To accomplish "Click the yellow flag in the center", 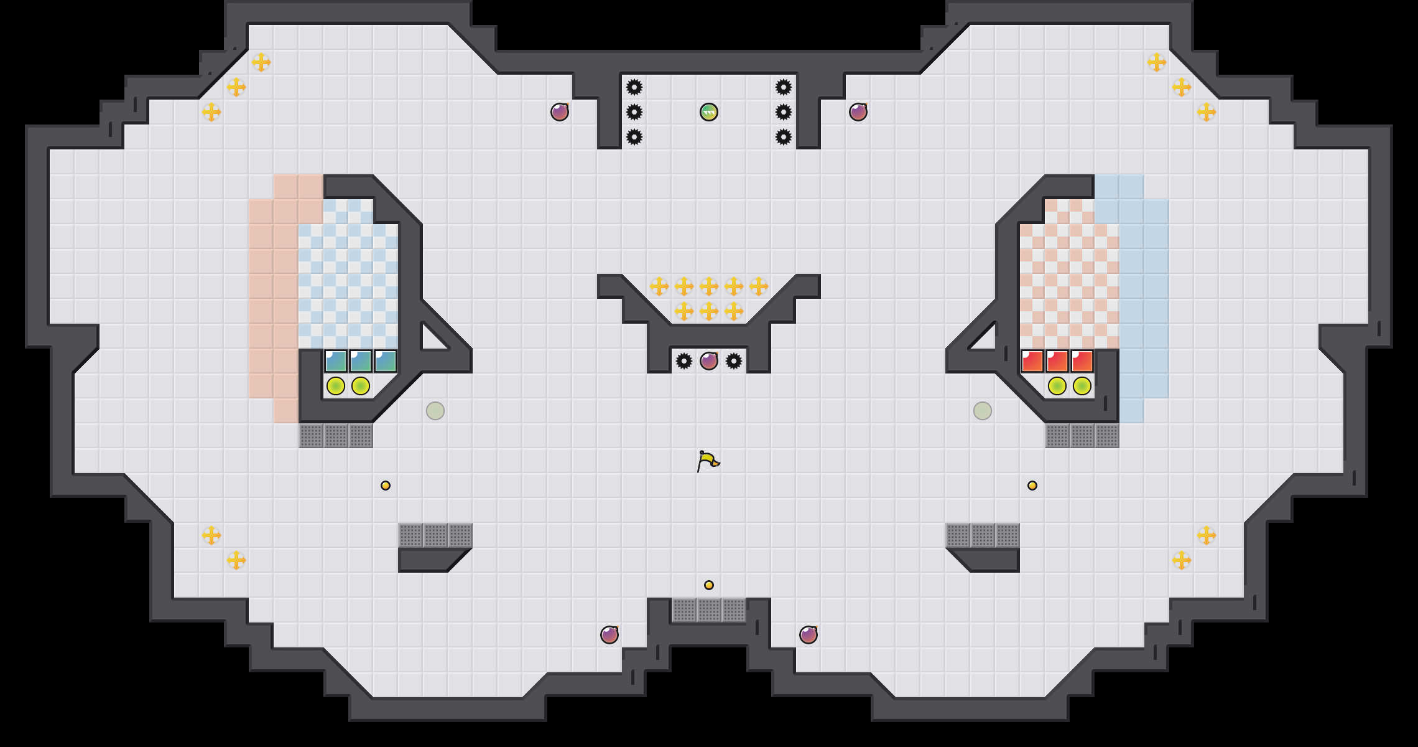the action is click(x=708, y=461).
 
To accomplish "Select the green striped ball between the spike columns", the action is click(x=709, y=112).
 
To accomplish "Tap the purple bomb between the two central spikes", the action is click(x=709, y=361).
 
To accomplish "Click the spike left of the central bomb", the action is click(x=684, y=361).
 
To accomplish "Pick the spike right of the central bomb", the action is click(x=734, y=361).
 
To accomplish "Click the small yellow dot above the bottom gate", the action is click(x=709, y=585).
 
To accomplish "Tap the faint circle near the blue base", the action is click(x=435, y=411).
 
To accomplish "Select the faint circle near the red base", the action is click(x=983, y=411).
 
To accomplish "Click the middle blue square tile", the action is click(x=361, y=361).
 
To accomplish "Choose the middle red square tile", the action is click(x=1057, y=361).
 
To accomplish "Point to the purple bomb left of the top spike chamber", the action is click(x=560, y=112).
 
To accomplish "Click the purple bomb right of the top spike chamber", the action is click(x=858, y=112).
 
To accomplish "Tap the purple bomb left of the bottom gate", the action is click(x=609, y=635).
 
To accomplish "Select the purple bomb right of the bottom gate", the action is click(x=809, y=635).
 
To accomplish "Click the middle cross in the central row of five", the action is click(x=709, y=286).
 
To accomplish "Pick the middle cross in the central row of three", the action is click(x=709, y=311).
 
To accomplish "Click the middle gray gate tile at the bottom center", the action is click(x=709, y=610).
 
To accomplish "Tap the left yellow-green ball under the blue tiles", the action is click(x=336, y=386).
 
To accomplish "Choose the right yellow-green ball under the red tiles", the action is click(x=1082, y=386).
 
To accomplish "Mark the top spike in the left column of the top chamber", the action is click(x=634, y=87).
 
